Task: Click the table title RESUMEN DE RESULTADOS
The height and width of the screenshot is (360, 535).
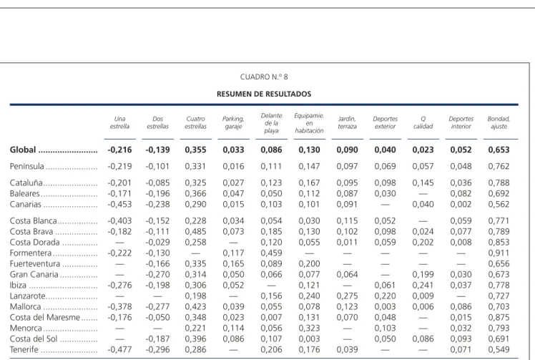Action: pos(264,94)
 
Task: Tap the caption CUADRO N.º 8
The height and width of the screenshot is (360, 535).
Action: pos(264,77)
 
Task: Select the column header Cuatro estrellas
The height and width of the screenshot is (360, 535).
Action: pos(195,122)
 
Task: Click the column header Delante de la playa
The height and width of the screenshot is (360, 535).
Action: pos(271,123)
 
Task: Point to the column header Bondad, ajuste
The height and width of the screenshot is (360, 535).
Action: pos(499,122)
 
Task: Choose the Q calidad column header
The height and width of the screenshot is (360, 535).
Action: pos(423,122)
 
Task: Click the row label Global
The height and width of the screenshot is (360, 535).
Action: pos(22,150)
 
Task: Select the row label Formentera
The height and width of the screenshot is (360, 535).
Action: pos(30,253)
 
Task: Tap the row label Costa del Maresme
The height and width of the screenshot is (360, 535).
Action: pos(44,317)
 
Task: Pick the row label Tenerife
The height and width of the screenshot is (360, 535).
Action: pos(24,350)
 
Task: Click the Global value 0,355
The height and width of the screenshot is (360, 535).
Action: pos(195,150)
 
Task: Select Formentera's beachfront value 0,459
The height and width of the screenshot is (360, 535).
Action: pos(271,253)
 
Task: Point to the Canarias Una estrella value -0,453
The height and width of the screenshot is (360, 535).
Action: pos(119,204)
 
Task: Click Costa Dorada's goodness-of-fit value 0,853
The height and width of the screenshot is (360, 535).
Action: pos(499,242)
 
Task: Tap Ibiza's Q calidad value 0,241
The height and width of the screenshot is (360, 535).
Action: pos(423,285)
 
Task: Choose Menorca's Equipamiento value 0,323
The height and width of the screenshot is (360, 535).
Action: pos(309,329)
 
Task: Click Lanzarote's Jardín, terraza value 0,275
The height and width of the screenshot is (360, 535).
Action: pos(347,296)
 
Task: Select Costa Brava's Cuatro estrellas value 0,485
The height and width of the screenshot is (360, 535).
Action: pos(195,232)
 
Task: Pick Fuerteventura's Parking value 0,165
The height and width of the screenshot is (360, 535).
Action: pos(233,263)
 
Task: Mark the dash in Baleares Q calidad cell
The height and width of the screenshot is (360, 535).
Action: pos(423,194)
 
